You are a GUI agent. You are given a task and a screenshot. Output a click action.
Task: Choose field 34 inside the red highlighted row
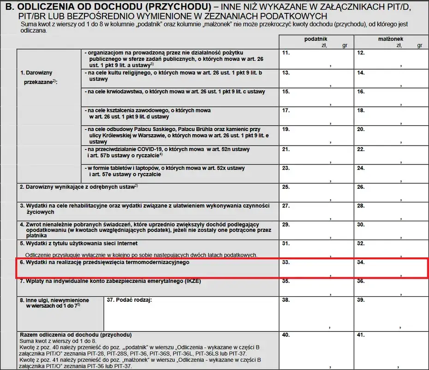[391, 269]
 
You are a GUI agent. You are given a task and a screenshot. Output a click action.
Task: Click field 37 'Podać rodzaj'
[191, 314]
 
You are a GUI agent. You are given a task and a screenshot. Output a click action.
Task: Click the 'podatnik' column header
[316, 40]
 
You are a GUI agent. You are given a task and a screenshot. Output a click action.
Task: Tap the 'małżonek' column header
[391, 40]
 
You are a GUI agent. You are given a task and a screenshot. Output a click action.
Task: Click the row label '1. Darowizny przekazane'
[36, 77]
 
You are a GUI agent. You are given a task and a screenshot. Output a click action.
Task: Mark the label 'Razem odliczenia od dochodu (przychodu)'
[75, 334]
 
